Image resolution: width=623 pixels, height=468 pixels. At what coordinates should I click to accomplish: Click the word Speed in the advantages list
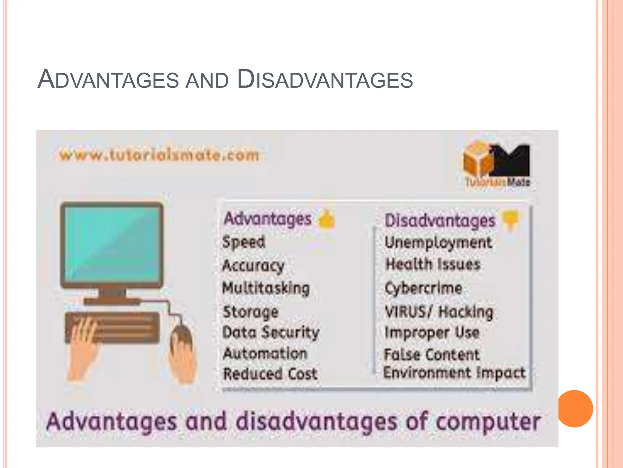pos(244,242)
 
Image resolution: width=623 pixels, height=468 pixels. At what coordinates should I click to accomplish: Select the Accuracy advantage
pos(253,266)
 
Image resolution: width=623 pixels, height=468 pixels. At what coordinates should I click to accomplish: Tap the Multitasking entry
pos(266,288)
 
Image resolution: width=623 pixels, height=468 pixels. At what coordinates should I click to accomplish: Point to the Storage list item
pos(251,312)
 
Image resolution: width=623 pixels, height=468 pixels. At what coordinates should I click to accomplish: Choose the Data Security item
pos(271,332)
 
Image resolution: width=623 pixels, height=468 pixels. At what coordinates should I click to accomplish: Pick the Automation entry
pos(265,354)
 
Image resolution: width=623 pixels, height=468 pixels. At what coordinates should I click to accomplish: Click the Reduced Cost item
pos(270,374)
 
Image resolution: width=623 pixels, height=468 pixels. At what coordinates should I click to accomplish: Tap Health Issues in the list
pos(433,264)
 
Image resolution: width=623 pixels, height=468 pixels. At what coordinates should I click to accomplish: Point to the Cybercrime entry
pos(423,288)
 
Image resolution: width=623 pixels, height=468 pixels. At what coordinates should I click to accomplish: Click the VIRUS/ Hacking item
pos(439,312)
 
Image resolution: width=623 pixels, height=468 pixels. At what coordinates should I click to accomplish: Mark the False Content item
pos(431,355)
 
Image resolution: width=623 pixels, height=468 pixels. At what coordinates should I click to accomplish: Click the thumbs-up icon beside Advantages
pos(326,219)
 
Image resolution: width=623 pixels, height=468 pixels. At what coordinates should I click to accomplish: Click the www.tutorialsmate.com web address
pos(159,155)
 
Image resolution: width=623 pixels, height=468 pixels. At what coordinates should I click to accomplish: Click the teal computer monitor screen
pos(112,244)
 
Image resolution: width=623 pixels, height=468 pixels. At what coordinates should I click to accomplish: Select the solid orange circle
pos(575,409)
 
